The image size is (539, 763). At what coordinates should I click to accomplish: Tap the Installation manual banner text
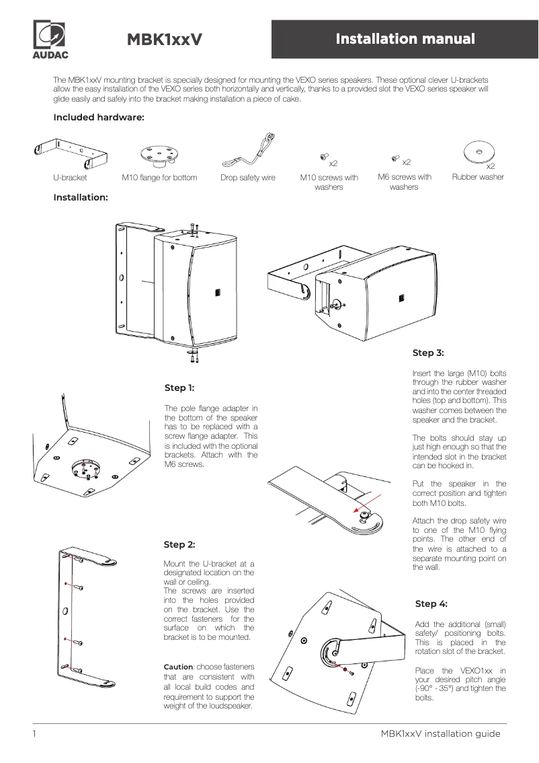[405, 39]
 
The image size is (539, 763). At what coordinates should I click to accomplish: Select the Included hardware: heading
[99, 118]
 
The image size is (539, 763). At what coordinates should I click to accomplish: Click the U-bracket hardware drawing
[71, 154]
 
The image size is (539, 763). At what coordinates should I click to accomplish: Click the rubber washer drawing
[478, 152]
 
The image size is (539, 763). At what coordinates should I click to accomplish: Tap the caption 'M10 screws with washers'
[329, 182]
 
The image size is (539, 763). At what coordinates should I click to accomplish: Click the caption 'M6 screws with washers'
[404, 182]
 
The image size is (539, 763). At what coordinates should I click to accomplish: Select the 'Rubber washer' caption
[478, 177]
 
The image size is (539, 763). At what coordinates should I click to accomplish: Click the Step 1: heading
[179, 388]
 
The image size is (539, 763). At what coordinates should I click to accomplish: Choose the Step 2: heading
[179, 544]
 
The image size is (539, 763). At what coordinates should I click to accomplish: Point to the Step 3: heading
[428, 352]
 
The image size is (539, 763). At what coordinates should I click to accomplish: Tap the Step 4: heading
[431, 604]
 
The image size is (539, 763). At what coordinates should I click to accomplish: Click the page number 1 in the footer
[34, 733]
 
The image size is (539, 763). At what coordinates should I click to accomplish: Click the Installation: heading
[81, 197]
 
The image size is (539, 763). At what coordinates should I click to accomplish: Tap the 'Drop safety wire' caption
[248, 178]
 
